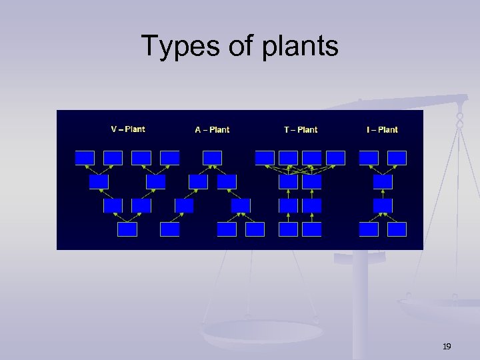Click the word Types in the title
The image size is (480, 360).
point(170,47)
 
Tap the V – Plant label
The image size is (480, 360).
point(127,129)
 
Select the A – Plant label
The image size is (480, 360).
point(212,129)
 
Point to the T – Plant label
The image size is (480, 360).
point(301,129)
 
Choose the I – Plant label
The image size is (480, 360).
point(382,129)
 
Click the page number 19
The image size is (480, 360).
point(447,346)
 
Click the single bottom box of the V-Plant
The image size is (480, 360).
point(127,229)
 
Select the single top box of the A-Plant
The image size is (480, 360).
point(212,157)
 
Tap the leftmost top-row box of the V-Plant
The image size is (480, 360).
point(85,157)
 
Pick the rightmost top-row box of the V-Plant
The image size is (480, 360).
point(170,157)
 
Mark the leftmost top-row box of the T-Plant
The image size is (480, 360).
point(265,157)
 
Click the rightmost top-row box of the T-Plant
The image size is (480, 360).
point(335,157)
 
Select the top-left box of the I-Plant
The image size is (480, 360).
point(369,157)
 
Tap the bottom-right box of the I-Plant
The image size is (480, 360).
point(397,229)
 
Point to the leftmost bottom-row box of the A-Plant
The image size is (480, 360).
point(170,229)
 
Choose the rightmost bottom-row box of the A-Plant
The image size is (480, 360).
point(255,229)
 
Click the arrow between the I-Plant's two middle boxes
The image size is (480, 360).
point(383,193)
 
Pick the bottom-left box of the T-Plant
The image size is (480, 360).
point(288,229)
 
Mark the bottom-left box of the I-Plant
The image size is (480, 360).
point(369,229)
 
